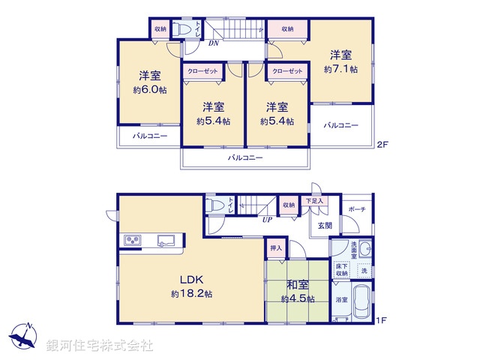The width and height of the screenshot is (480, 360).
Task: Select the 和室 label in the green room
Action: pyautogui.click(x=298, y=284)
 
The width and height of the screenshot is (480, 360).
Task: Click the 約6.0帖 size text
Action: pyautogui.click(x=149, y=90)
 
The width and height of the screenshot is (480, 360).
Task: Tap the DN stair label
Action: pyautogui.click(x=214, y=43)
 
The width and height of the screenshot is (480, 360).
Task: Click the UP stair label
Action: pyautogui.click(x=267, y=220)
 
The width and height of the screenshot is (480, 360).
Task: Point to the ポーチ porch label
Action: pyautogui.click(x=357, y=209)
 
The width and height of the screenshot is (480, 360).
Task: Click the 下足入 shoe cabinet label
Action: pyautogui.click(x=313, y=201)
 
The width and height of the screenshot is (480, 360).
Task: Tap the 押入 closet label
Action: pyautogui.click(x=275, y=247)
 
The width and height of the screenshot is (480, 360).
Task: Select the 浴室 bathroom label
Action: pyautogui.click(x=341, y=300)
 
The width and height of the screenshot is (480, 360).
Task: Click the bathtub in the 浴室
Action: pyautogui.click(x=362, y=302)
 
